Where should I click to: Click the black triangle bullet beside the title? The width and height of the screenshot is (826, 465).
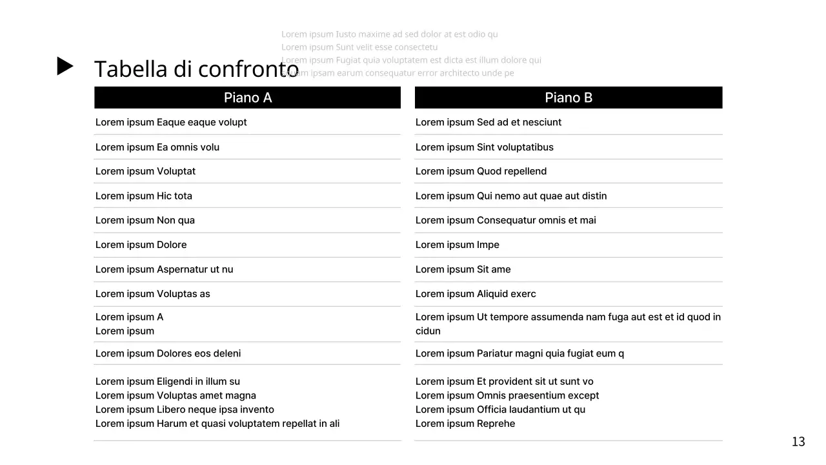(65, 66)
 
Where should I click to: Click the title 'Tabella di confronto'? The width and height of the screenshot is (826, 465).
(196, 69)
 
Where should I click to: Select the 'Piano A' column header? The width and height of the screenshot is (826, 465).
(247, 98)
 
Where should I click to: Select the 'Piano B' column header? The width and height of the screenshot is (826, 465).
(568, 98)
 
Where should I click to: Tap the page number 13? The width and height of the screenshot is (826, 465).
(798, 442)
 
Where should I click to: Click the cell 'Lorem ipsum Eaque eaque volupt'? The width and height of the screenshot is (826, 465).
(171, 122)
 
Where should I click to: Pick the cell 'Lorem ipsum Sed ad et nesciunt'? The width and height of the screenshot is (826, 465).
(488, 122)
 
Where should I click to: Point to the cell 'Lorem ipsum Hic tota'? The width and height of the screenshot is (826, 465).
(144, 196)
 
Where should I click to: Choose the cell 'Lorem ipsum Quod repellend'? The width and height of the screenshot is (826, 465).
(481, 171)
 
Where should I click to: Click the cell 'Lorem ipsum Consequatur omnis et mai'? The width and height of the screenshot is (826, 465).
(505, 220)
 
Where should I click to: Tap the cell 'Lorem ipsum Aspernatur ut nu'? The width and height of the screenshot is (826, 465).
(164, 269)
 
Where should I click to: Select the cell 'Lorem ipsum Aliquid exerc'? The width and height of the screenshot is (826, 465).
(476, 294)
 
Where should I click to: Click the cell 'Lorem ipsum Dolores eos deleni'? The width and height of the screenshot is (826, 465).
(168, 353)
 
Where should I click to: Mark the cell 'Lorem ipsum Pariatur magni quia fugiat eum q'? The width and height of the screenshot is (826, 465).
(519, 353)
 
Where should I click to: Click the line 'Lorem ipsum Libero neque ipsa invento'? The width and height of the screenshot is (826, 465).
(185, 409)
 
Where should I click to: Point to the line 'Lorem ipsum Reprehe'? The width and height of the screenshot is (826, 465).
(465, 424)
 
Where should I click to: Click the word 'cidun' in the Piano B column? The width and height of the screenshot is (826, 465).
(428, 331)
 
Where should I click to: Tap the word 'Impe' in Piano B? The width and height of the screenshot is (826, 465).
(488, 245)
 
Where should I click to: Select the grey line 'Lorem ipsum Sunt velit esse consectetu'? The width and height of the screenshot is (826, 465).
(359, 47)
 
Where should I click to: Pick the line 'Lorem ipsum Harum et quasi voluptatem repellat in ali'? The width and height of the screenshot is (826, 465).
(217, 424)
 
